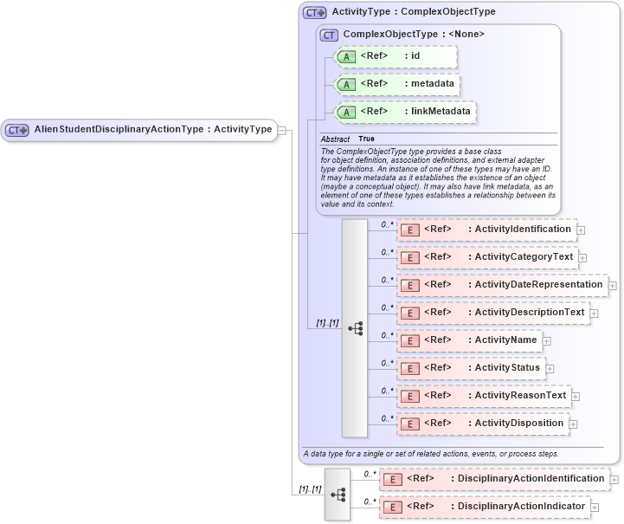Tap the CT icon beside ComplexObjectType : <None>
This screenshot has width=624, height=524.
click(x=329, y=35)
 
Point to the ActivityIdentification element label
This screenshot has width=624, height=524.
click(x=523, y=230)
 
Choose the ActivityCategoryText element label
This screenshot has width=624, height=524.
click(x=524, y=257)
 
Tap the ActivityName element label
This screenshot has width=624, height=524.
click(x=505, y=340)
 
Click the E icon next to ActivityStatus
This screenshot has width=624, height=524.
click(x=410, y=368)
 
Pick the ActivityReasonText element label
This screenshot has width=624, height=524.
click(x=520, y=396)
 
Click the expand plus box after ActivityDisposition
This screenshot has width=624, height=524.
click(x=574, y=424)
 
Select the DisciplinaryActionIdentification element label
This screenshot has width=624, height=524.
click(x=531, y=479)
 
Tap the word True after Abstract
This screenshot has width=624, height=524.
click(x=367, y=139)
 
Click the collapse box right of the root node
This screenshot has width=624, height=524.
click(x=282, y=130)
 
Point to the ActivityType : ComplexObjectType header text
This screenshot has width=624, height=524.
click(x=414, y=12)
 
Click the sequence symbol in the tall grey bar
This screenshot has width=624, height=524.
click(x=355, y=328)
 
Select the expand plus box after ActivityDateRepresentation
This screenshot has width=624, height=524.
click(x=613, y=285)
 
